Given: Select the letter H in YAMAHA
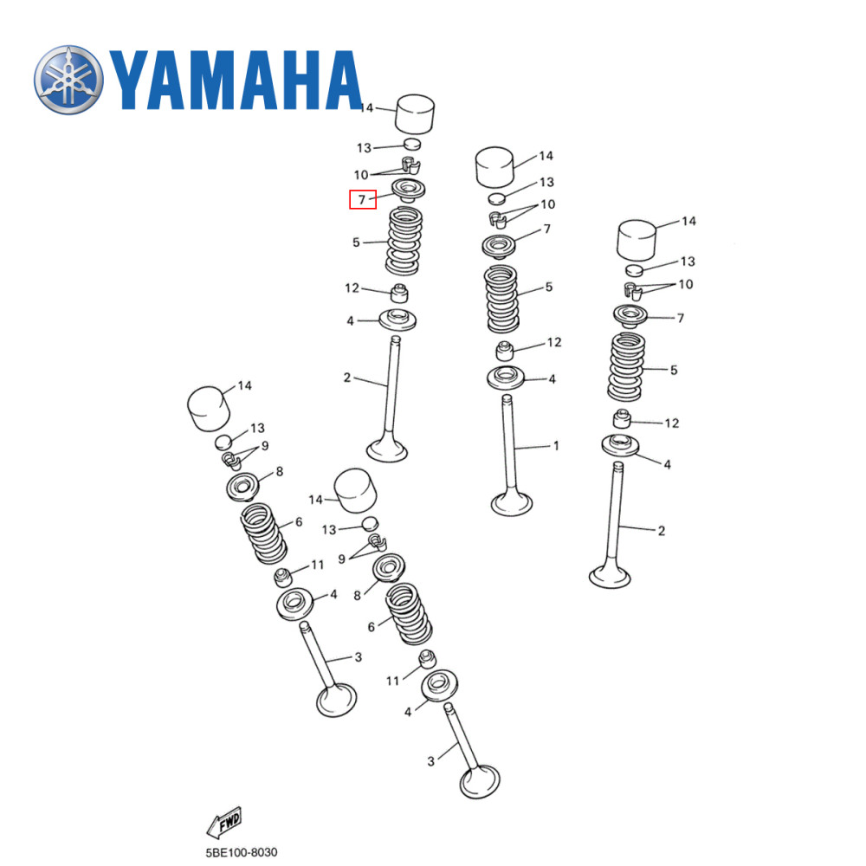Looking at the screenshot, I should (x=286, y=80).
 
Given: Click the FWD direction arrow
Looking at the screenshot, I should (x=223, y=821).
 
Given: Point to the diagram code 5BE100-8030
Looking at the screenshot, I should (x=242, y=852).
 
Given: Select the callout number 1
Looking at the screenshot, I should (x=556, y=446).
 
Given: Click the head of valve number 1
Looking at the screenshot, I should (x=512, y=503).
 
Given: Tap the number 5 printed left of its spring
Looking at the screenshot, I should (x=356, y=242).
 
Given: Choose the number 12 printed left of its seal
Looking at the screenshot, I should (x=351, y=288).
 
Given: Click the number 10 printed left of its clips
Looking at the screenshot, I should (x=361, y=175).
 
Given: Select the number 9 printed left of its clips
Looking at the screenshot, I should (x=341, y=559).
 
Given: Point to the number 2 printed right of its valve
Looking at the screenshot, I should (x=662, y=531).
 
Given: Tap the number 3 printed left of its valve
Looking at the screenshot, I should (x=430, y=761).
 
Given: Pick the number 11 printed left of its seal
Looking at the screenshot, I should (x=392, y=682).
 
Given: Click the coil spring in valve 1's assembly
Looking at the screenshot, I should (x=503, y=299).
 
